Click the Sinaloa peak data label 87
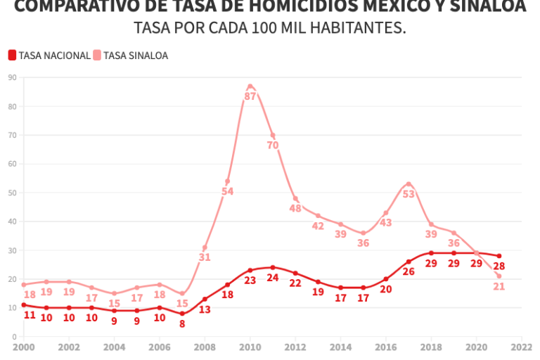point(250,96)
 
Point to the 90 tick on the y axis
point(13,77)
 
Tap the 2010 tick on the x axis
point(250,347)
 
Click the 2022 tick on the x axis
point(522,347)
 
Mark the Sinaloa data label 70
point(273,146)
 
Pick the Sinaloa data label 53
point(409,195)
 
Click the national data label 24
point(273,278)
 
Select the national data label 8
point(182,324)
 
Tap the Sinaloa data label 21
point(499,286)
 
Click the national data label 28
point(499,266)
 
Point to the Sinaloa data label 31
point(205,257)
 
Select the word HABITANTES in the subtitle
point(352,29)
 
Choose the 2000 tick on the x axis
point(23,347)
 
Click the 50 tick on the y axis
point(13,193)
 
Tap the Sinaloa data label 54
point(228,191)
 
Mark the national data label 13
point(205,309)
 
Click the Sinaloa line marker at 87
point(250,86)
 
